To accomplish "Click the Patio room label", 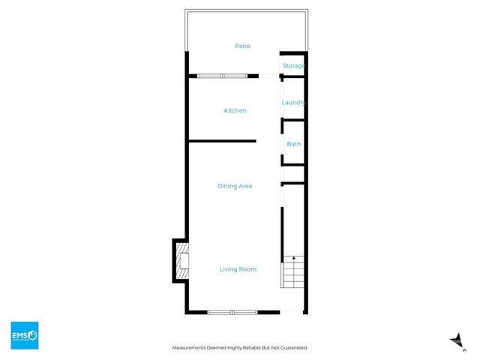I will (x=241, y=46).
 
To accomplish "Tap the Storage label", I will (x=293, y=66).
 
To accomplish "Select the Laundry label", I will (x=293, y=103).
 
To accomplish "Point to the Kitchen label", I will (x=235, y=111).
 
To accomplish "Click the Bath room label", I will (x=293, y=143).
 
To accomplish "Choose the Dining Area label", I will (x=234, y=186).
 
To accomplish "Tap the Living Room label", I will (x=238, y=269).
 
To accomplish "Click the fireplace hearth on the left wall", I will (x=182, y=260).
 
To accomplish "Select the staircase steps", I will (x=293, y=275).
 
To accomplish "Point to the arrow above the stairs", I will (x=293, y=259).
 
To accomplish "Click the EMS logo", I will (x=24, y=335).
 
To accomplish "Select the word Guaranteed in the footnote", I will (x=291, y=348).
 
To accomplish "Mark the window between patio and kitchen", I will (x=222, y=75).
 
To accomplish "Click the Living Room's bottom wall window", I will (x=232, y=311).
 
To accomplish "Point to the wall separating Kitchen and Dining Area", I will (x=222, y=141).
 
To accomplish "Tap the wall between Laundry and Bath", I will (x=293, y=118).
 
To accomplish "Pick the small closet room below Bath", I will (x=293, y=173).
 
